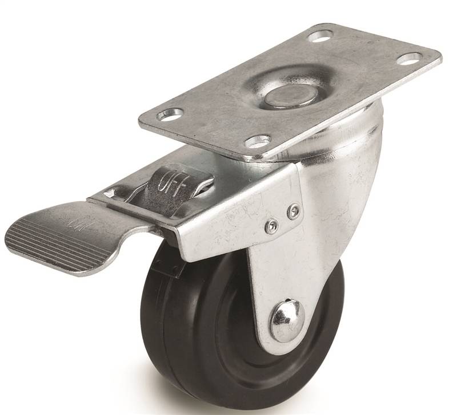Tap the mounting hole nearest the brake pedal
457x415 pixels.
[x=170, y=115]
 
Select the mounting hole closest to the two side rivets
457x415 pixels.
[x=258, y=140]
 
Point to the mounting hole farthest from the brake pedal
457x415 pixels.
[x=409, y=58]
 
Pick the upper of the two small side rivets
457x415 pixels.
[x=294, y=211]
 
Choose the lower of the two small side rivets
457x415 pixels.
[x=271, y=227]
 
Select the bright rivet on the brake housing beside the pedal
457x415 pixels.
[x=108, y=194]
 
